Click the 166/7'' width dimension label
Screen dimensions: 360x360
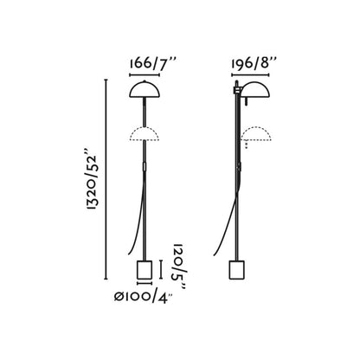[145, 62]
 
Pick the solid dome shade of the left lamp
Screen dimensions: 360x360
[144, 91]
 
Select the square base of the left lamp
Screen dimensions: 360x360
[145, 270]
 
